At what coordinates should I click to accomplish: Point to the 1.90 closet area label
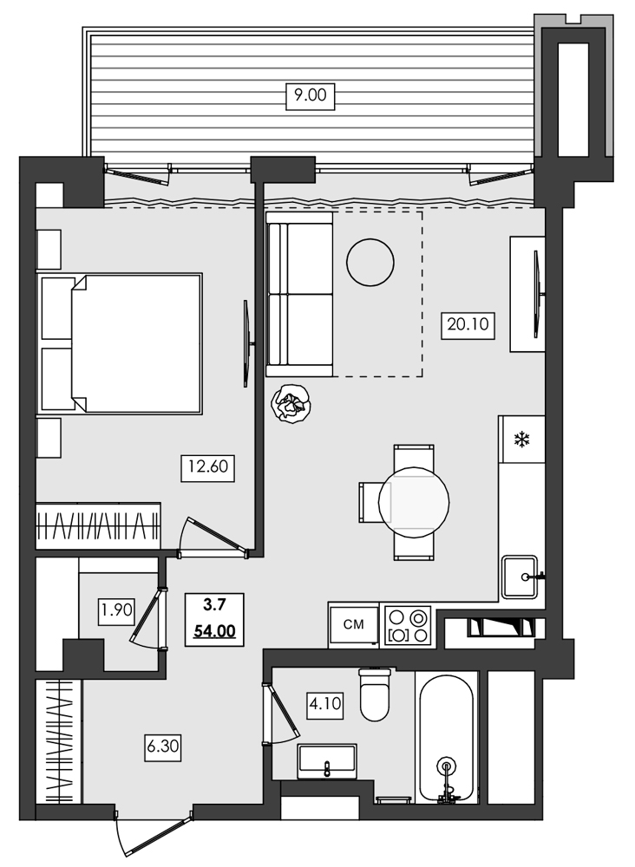(116, 610)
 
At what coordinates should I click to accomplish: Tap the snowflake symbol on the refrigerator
(522, 440)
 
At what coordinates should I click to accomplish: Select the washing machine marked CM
(354, 624)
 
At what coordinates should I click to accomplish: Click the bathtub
(446, 737)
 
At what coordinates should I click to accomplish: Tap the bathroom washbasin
(328, 760)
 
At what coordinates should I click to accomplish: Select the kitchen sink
(521, 577)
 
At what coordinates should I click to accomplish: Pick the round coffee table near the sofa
(370, 260)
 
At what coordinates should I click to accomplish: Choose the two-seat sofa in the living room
(300, 295)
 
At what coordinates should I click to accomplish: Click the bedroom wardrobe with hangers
(98, 525)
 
